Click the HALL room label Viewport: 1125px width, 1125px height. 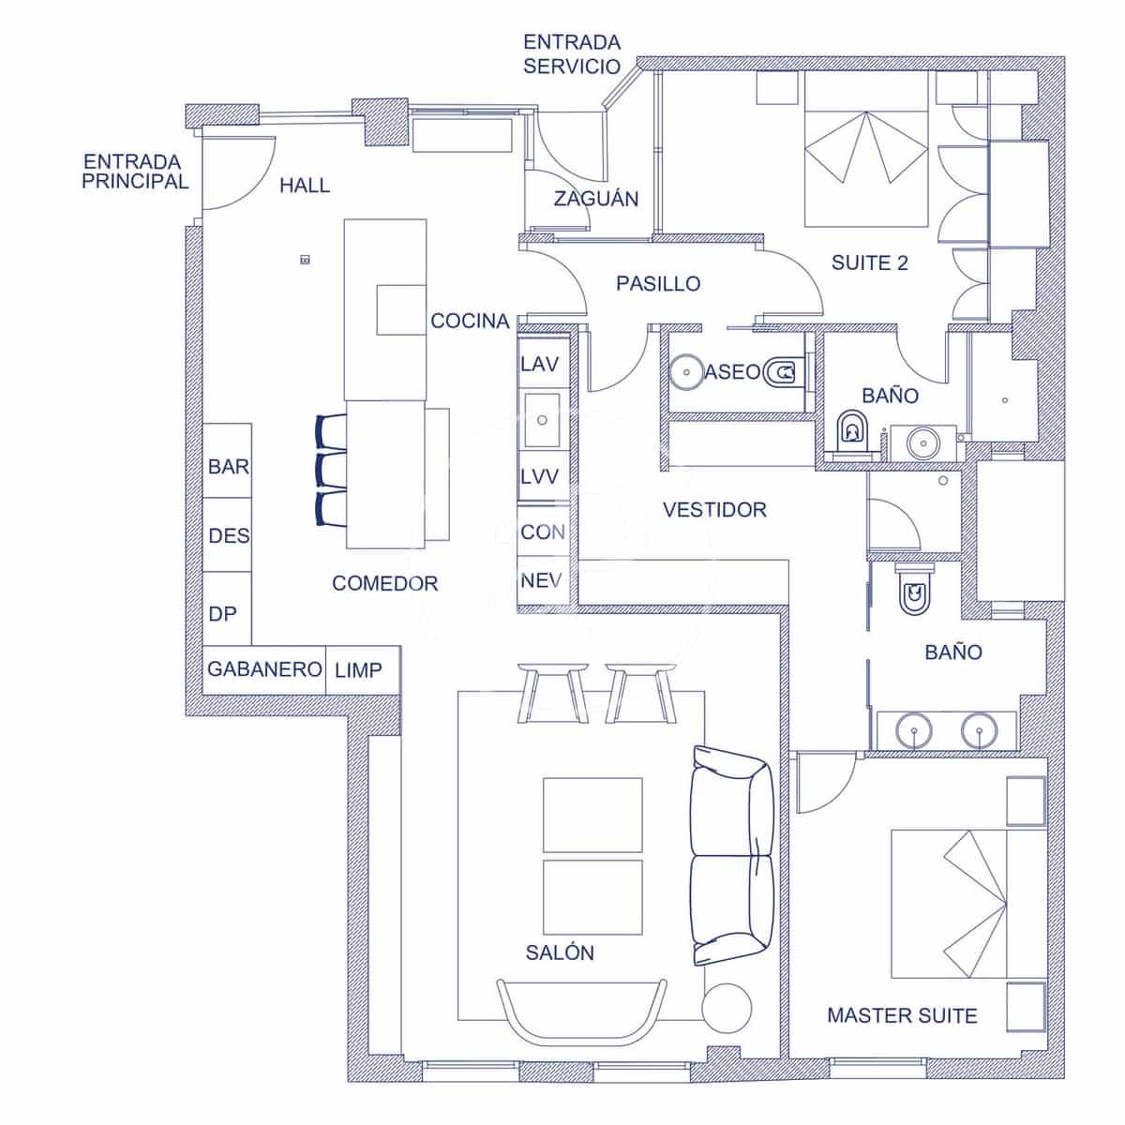[305, 186]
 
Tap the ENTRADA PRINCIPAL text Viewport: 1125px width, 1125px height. [135, 172]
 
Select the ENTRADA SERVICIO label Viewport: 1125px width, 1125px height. [572, 54]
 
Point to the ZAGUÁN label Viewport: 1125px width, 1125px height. [595, 199]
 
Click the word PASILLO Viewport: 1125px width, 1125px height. [658, 284]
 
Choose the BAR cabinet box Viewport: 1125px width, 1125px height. [228, 466]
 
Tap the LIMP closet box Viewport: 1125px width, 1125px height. [361, 670]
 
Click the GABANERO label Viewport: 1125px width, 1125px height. [264, 669]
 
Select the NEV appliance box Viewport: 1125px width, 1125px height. [542, 581]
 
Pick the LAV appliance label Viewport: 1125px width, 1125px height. [540, 364]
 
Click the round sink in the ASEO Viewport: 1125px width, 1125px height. [686, 372]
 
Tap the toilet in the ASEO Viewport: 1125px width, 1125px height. [782, 373]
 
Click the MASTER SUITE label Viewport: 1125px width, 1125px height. [902, 1015]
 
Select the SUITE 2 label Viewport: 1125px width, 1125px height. [870, 262]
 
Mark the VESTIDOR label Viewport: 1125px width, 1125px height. [714, 510]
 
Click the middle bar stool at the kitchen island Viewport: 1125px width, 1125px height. [331, 469]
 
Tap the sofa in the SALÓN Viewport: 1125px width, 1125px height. [731, 855]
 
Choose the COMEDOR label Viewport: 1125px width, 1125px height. [384, 583]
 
